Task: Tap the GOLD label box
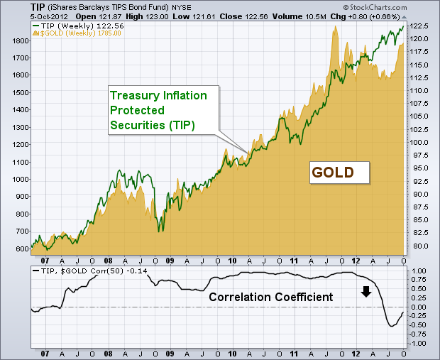click(x=341, y=172)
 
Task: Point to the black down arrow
click(x=366, y=290)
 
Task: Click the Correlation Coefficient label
click(x=270, y=296)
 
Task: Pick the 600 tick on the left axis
click(x=20, y=249)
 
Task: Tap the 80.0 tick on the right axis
click(x=419, y=246)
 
